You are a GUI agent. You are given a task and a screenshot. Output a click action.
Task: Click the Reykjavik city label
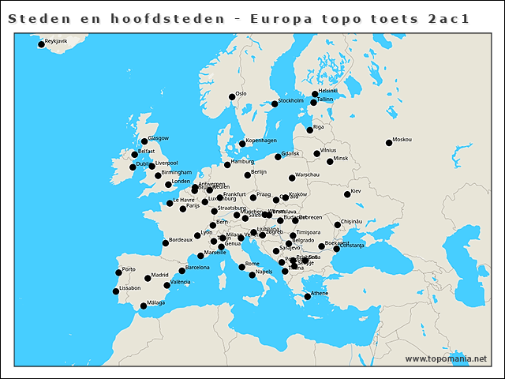[x=57, y=40]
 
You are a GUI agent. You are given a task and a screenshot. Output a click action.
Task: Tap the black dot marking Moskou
[x=388, y=143]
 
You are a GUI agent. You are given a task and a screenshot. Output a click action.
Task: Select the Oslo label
[x=241, y=93]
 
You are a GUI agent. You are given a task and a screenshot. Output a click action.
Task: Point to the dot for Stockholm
[x=275, y=103]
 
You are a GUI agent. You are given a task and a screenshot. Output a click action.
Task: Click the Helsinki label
[x=328, y=91]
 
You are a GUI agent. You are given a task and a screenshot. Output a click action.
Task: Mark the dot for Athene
[x=307, y=297]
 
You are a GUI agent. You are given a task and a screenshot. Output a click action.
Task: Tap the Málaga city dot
[x=143, y=306]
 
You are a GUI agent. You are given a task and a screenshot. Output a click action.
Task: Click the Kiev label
[x=356, y=190]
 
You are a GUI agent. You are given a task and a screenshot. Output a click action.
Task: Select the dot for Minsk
[x=330, y=162]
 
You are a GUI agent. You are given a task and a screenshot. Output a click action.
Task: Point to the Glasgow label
[x=159, y=138]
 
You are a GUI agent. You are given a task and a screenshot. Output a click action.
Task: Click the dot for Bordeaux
[x=165, y=242]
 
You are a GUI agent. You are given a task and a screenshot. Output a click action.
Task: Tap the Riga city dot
[x=309, y=130]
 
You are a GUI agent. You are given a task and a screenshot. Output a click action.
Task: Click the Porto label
[x=129, y=269]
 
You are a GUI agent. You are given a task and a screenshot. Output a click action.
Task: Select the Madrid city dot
[x=148, y=278]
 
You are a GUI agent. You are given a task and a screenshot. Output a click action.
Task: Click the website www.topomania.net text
[x=446, y=358]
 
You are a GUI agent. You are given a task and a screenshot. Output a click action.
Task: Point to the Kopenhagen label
[x=261, y=141]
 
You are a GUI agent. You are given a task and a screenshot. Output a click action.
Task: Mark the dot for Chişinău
[x=337, y=225]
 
